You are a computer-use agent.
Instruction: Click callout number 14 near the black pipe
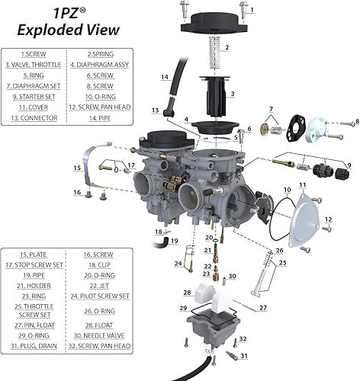pyautogui.click(x=165, y=78)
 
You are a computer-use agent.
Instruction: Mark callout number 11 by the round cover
pyautogui.click(x=301, y=185)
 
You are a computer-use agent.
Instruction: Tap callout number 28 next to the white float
pyautogui.click(x=187, y=293)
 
